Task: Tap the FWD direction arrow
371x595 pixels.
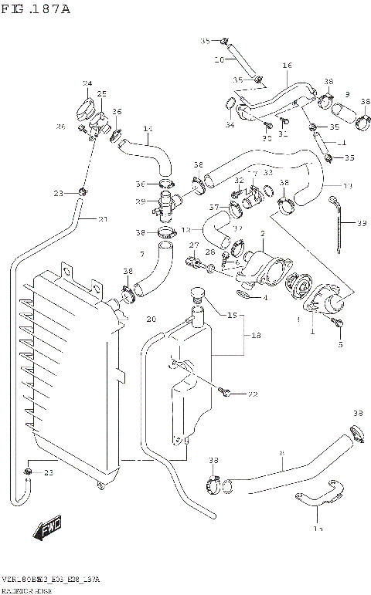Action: pyautogui.click(x=48, y=529)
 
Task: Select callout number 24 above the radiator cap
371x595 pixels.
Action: pyautogui.click(x=87, y=83)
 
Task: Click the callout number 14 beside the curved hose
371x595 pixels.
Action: pyautogui.click(x=148, y=128)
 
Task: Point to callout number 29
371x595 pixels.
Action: pyautogui.click(x=141, y=201)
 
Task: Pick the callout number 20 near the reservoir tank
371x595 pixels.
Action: pyautogui.click(x=151, y=319)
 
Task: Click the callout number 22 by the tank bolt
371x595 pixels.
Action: pyautogui.click(x=252, y=394)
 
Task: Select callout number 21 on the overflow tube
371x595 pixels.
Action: pyautogui.click(x=103, y=218)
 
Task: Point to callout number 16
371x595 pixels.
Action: pyautogui.click(x=287, y=66)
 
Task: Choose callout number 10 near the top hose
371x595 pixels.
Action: pyautogui.click(x=220, y=59)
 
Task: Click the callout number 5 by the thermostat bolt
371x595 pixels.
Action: pyautogui.click(x=339, y=346)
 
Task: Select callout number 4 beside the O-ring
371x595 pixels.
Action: pyautogui.click(x=264, y=298)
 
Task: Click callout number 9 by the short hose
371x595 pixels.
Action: pyautogui.click(x=347, y=94)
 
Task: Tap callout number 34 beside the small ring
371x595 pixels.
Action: pyautogui.click(x=230, y=125)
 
